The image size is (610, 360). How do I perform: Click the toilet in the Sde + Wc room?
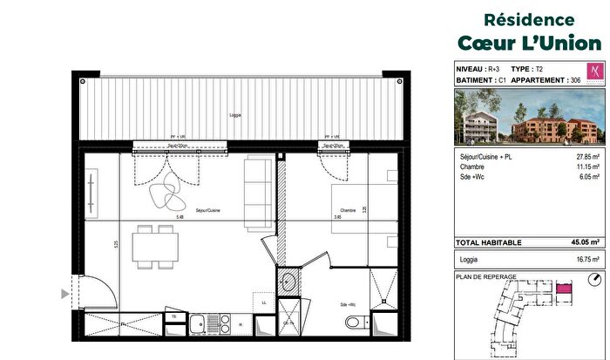tap(354, 322)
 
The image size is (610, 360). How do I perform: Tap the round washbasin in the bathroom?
tap(288, 282)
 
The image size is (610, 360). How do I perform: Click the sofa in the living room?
tap(258, 190)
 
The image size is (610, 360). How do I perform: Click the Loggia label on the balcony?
tap(235, 116)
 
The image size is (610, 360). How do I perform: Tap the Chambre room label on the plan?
tap(348, 210)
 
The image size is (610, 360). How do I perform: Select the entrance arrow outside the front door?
tap(64, 295)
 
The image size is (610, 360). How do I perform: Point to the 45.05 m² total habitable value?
tap(584, 242)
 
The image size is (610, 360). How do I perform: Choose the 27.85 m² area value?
tap(586, 155)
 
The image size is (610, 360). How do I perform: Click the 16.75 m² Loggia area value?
tap(586, 259)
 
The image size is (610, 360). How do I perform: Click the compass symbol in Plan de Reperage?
tap(593, 281)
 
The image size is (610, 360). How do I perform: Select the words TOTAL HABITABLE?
tap(489, 242)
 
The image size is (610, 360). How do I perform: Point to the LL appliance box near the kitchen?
tap(263, 302)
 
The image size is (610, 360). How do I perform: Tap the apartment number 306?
tap(573, 79)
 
